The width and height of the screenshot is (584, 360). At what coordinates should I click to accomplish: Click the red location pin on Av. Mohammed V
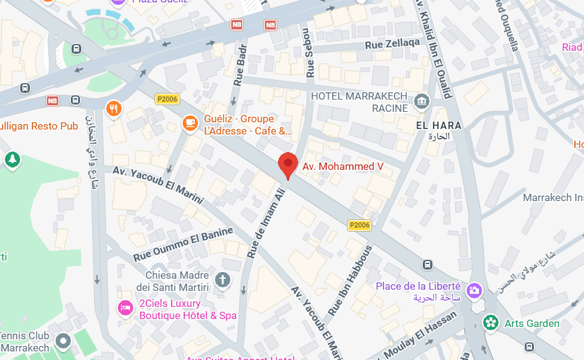[288, 164]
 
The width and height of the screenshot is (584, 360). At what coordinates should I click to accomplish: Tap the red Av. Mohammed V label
[343, 166]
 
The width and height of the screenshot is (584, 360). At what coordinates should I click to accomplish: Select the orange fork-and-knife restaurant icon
[114, 109]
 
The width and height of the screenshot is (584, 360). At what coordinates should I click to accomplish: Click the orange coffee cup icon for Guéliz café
[191, 123]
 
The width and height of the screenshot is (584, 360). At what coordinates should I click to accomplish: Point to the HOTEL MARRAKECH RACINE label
[359, 102]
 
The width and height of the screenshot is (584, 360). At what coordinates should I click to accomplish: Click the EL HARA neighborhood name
[438, 125]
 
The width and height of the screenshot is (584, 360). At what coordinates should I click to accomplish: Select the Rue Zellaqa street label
[392, 44]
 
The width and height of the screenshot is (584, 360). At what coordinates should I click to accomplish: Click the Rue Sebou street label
[308, 53]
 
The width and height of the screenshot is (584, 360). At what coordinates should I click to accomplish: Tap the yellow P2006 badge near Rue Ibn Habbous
[359, 225]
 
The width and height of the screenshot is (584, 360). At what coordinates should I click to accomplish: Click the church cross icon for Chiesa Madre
[224, 280]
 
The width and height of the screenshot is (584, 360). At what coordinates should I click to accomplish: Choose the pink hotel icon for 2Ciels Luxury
[125, 308]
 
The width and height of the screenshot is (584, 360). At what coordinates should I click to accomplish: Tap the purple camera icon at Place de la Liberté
[473, 291]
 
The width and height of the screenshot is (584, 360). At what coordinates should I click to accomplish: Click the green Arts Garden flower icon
[491, 323]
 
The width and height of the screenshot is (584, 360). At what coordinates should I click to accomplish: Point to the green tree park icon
[12, 160]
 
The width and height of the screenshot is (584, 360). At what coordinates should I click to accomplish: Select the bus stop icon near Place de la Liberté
[428, 265]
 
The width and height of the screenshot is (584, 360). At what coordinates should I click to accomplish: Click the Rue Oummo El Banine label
[183, 244]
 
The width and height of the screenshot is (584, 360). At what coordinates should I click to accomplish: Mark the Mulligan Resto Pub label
[39, 126]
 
